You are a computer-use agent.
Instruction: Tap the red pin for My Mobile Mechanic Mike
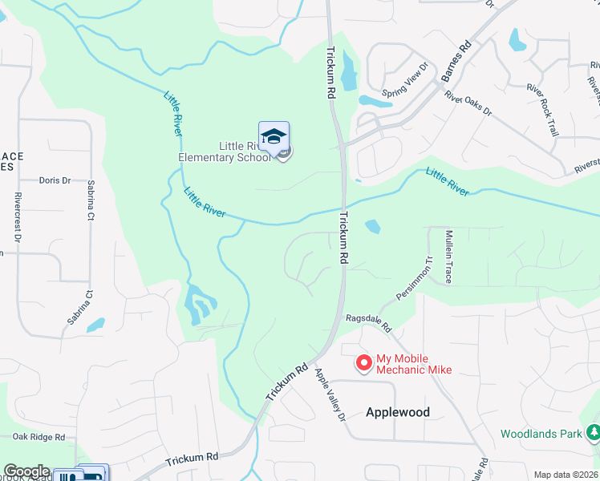pos(364,363)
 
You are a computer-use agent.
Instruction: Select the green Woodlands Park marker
pos(594,433)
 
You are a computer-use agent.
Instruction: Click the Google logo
pos(26,471)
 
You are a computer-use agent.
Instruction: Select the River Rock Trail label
pos(541,109)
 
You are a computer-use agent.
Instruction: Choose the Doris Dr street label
pos(55,181)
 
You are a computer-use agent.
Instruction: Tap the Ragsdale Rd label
pos(367,324)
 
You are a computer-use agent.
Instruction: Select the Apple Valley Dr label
pos(329,394)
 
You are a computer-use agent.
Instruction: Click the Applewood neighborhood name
pos(397,412)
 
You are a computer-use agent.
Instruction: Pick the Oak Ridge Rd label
pos(38,437)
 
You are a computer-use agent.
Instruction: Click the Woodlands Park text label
pos(541,434)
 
